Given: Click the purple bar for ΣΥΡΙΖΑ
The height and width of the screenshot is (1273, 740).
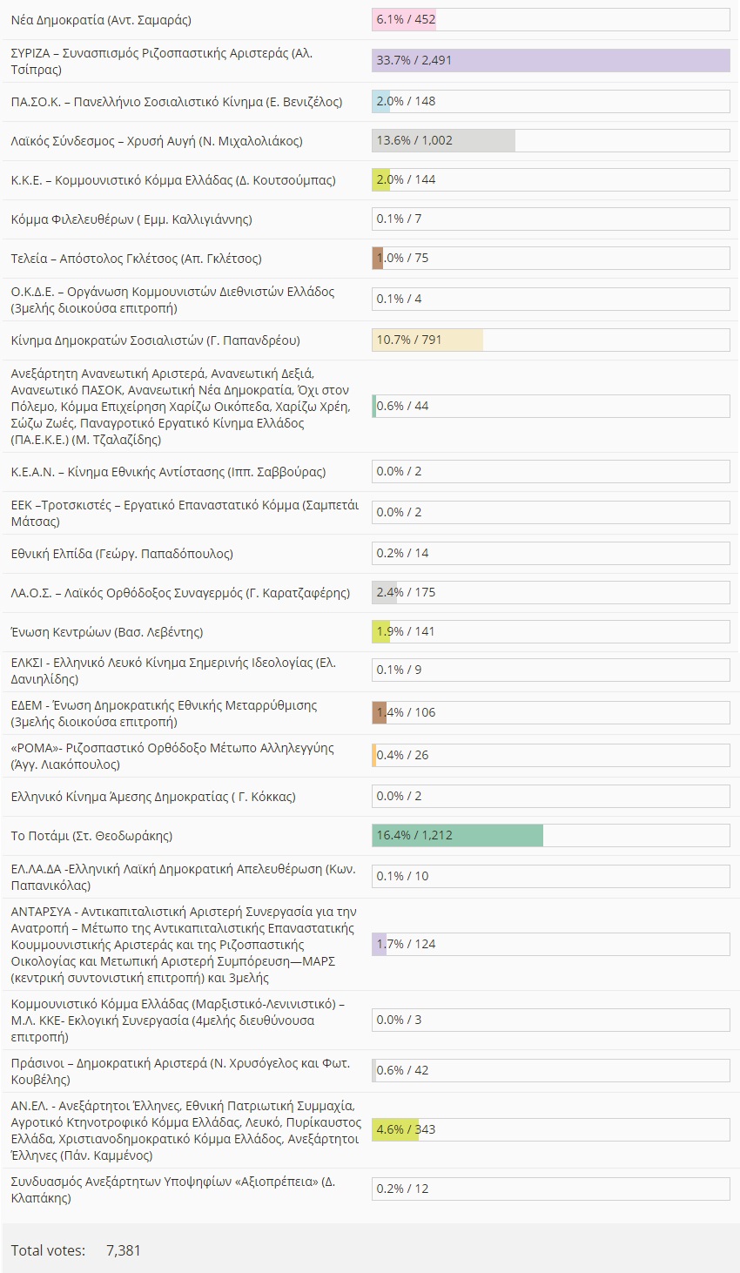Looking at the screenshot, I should coord(550,60).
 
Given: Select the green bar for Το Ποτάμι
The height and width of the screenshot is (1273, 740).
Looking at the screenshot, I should coord(457,835).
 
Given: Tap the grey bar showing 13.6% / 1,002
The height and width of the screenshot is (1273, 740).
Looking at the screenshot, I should coord(443,140).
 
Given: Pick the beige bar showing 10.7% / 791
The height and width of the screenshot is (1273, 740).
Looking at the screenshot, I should coord(427,340).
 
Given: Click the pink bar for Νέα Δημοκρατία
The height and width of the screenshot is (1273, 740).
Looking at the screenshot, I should coord(404,19).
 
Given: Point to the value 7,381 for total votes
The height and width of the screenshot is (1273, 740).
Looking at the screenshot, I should coord(123,1250).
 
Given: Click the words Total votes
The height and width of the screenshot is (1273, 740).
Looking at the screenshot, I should coord(48,1250).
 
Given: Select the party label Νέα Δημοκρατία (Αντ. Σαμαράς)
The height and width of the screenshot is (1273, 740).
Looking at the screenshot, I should coord(101,19).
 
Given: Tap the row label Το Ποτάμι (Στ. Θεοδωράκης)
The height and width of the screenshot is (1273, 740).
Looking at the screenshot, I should coord(91,836).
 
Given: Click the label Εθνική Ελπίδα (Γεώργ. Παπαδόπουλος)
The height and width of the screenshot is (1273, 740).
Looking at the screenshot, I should coord(122,554).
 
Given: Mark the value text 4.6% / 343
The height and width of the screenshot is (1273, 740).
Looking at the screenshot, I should coord(406,1129).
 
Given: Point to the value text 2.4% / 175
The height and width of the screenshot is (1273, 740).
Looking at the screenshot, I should coord(406,592).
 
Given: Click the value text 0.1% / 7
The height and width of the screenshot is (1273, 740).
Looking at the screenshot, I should coord(399,219).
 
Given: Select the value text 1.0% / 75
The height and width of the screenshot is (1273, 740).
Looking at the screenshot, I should coord(402,258).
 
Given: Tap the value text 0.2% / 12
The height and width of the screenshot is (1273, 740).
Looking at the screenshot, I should coord(402,1189).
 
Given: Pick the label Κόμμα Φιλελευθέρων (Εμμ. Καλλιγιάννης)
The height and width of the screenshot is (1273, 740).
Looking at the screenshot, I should coord(131,219).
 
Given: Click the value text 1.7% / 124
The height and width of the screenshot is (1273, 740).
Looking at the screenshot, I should coord(406,944).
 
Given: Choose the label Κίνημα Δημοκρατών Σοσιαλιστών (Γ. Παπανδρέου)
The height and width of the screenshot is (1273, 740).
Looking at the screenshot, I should coord(155,340).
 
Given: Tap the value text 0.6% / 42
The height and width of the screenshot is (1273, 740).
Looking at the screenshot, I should coord(402,1070).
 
